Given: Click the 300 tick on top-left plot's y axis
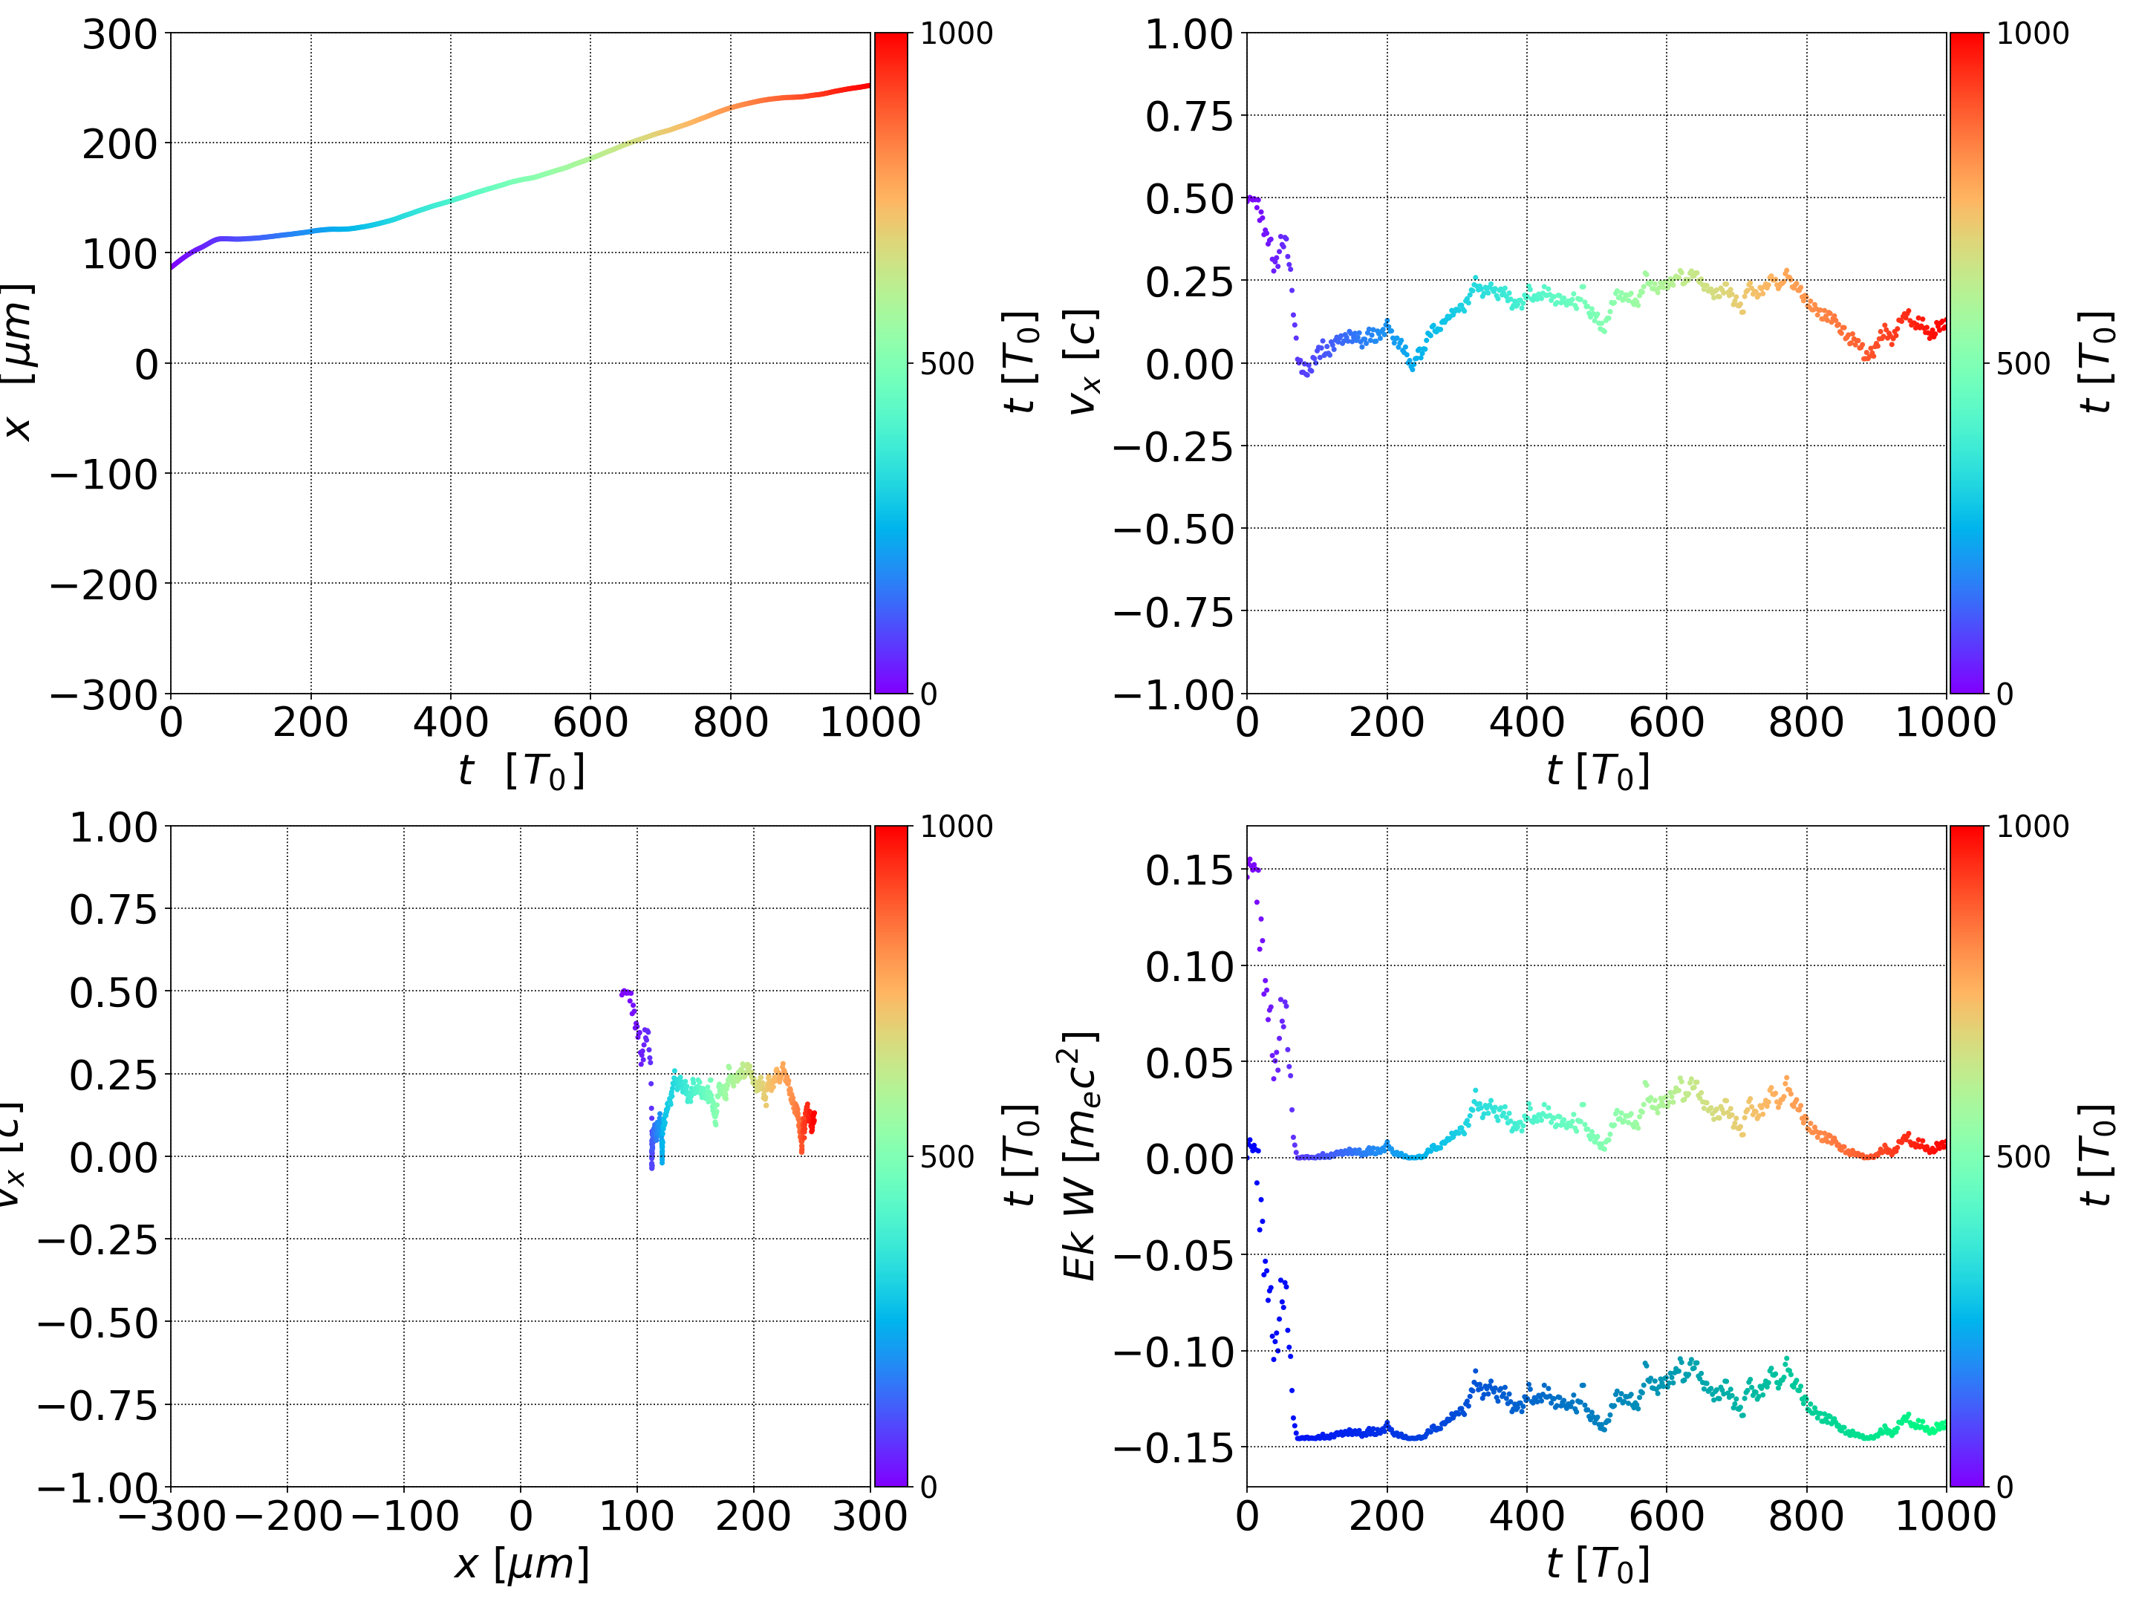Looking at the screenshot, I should [x=119, y=35].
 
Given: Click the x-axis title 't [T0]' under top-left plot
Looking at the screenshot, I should [x=521, y=772].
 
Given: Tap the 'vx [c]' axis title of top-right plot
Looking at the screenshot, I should [x=1083, y=362].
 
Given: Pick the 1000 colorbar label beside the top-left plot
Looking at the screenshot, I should [x=955, y=34].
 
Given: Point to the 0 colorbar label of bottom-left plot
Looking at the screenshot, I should [x=928, y=1488].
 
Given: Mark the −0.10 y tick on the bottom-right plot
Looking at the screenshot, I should [x=1174, y=1352].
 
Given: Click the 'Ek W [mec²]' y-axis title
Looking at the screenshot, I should [x=1081, y=1156].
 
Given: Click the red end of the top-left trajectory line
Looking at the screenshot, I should [x=867, y=86].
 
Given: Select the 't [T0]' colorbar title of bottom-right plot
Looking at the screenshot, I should [x=2094, y=1156].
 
